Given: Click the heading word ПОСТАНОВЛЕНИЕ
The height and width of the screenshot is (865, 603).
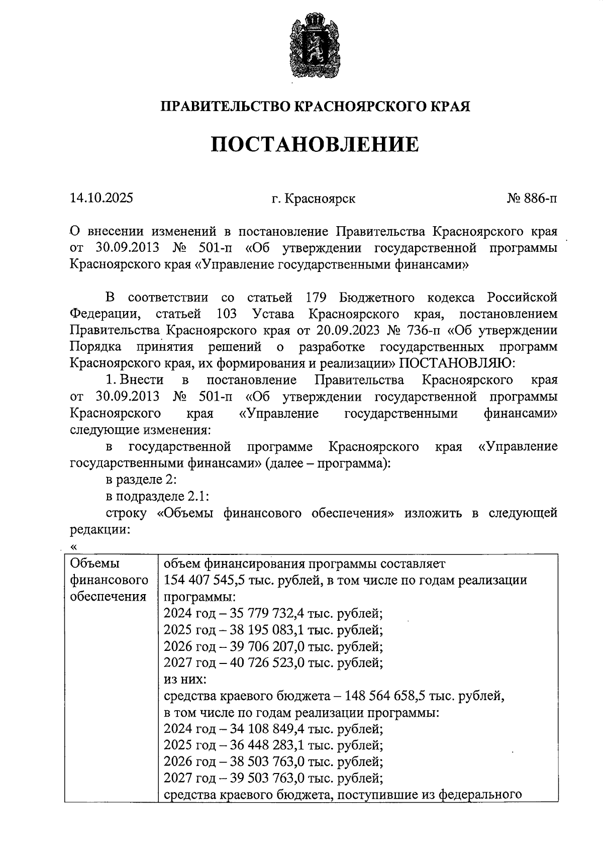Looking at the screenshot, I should tap(314, 144).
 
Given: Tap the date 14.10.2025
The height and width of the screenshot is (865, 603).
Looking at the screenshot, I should tap(102, 198).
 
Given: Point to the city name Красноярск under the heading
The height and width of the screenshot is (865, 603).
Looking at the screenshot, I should tap(320, 199).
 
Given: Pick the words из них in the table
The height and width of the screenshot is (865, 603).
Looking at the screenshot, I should tap(184, 680).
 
